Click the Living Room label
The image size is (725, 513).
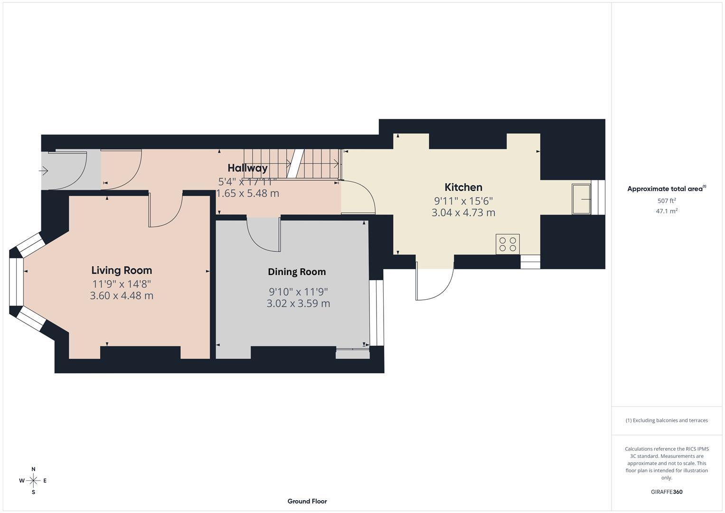pos(122,270)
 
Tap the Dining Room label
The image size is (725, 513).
pos(297,272)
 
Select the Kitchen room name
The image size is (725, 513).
pos(463,187)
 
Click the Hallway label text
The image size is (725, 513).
pos(247,168)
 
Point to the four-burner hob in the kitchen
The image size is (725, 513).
pos(508,244)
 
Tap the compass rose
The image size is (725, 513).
pos(33,480)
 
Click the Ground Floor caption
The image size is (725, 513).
pos(307,501)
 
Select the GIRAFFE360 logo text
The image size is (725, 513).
pos(666,492)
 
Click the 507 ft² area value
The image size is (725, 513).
pos(666,201)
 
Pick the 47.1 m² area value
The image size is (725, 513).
pos(666,211)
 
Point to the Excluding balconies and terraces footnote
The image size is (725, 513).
pos(666,420)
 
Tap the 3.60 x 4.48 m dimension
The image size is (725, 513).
pos(122,295)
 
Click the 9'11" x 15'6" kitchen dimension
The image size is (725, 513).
pos(463,200)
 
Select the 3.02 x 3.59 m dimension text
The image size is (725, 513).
pos(298,303)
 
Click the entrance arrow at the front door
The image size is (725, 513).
pos(44,171)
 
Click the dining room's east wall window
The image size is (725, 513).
pos(376,313)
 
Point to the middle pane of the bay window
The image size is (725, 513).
pos(16,281)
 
